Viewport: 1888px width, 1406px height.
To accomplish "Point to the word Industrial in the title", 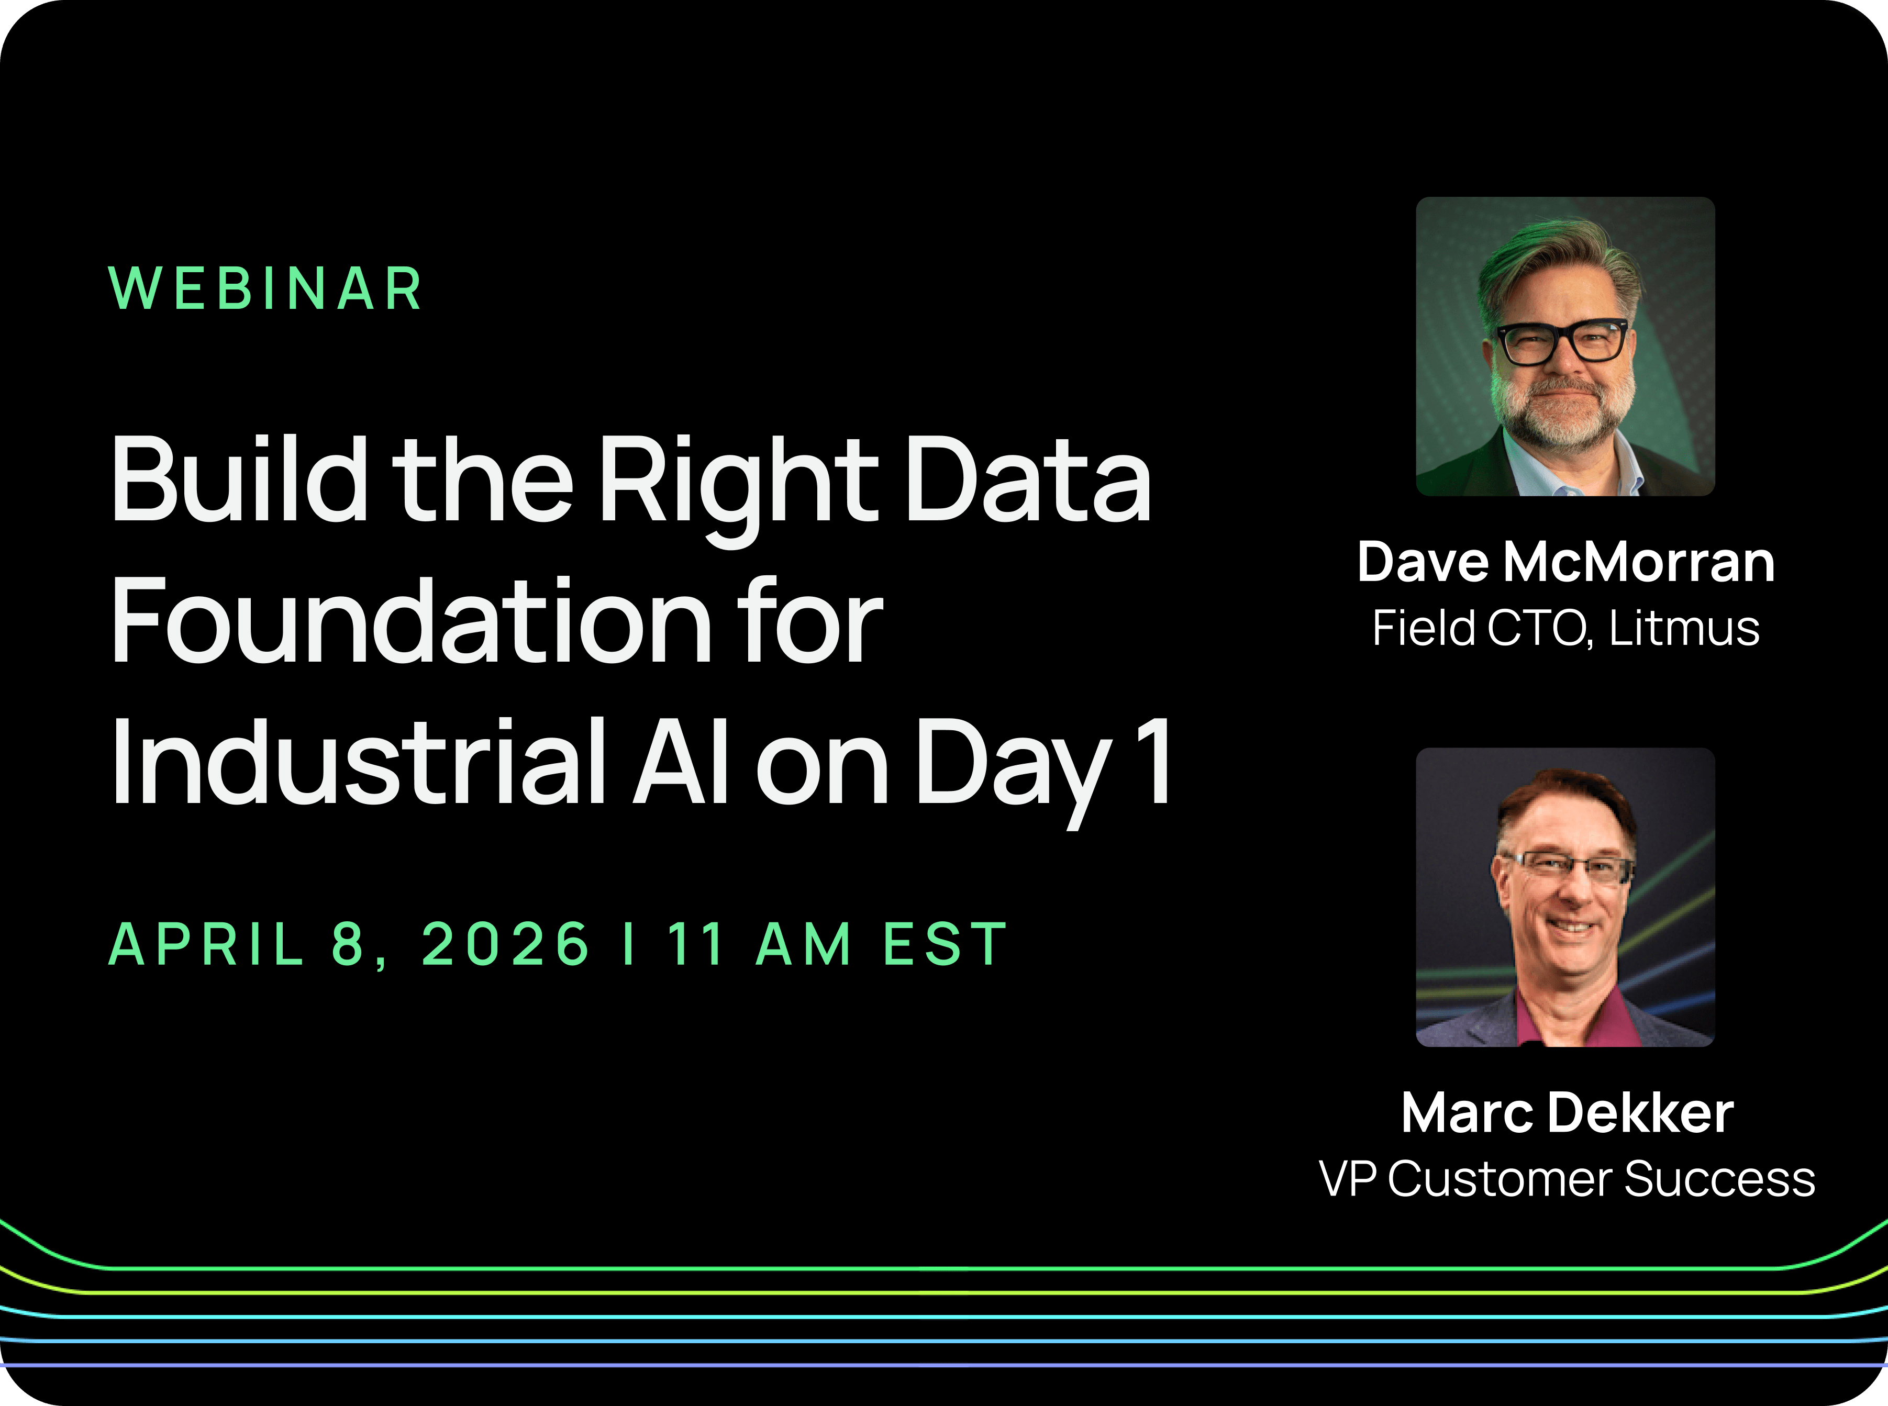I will (358, 761).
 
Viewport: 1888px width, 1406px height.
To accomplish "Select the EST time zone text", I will (945, 945).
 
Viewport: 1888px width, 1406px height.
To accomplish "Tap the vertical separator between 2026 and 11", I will (629, 945).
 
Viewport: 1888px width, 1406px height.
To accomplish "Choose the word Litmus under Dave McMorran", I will (1684, 629).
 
